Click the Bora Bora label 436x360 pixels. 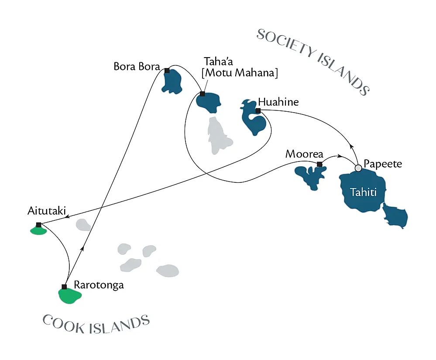click(136, 67)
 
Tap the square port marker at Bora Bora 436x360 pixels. click(167, 70)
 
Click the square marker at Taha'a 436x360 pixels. click(203, 94)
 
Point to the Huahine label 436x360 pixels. click(278, 102)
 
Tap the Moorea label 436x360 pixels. click(304, 154)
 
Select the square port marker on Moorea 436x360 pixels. click(319, 165)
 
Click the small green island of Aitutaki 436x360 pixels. click(38, 230)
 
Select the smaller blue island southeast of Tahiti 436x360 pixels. click(395, 216)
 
